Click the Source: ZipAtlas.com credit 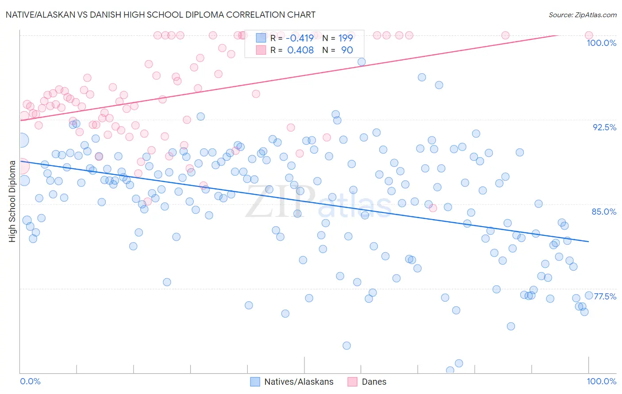582,15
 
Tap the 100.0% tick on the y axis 601,43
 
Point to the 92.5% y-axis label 604,127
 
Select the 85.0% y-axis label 604,212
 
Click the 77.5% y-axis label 605,296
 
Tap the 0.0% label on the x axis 31,381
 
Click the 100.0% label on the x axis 601,381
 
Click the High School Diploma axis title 12,201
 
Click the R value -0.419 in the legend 299,38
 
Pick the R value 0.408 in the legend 300,50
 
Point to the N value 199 346,38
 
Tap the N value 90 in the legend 347,50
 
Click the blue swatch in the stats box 261,38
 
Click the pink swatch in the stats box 261,50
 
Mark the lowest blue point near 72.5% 347,345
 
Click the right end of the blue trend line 588,241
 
